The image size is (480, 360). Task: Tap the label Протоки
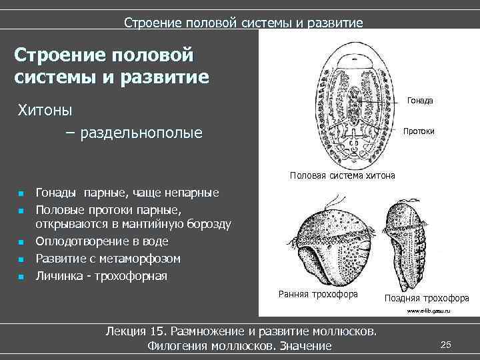tap(419, 131)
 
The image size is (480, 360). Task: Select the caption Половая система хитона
tap(342, 175)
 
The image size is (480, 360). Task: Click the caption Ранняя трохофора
tap(317, 294)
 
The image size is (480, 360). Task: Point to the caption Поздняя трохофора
tap(427, 298)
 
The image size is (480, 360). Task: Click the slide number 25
tap(446, 344)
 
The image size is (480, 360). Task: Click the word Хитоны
tap(45, 109)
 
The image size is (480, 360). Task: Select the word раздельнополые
tap(141, 134)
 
